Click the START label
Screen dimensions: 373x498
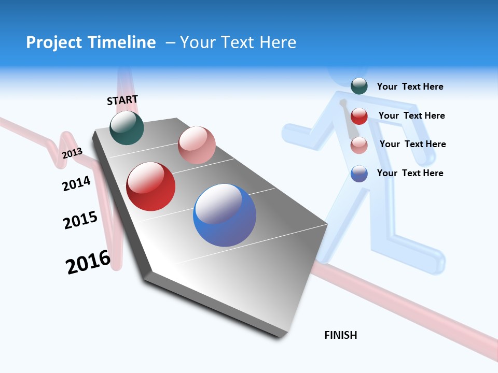tap(122, 100)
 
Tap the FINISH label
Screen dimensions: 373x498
tap(340, 335)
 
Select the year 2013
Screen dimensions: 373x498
tap(72, 153)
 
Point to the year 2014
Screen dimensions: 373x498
tap(76, 183)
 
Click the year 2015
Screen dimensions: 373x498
tap(80, 220)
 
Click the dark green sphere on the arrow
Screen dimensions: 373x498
tap(127, 128)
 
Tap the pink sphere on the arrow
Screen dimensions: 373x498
tap(197, 145)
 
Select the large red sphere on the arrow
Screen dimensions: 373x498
tap(151, 187)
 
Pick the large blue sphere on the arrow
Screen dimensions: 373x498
tap(225, 215)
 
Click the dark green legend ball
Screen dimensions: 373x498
tap(359, 86)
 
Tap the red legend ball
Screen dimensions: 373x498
tap(359, 116)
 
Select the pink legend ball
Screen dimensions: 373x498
tap(359, 145)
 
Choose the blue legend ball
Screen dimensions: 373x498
tap(359, 174)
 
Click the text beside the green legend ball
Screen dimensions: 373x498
tap(410, 87)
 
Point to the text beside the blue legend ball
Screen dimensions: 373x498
tap(410, 173)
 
